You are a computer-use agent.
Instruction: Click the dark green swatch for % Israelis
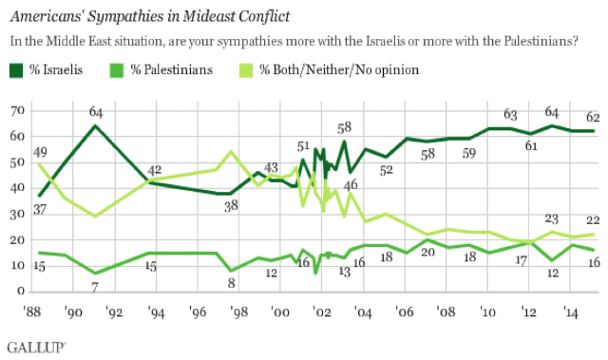(x=16, y=70)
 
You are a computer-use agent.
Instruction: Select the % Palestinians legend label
(x=171, y=69)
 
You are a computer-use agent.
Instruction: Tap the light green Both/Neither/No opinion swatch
(x=246, y=70)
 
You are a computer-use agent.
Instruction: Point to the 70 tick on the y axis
(x=18, y=111)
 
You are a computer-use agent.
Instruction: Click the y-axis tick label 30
(x=18, y=214)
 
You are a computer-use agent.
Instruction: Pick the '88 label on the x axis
(x=31, y=312)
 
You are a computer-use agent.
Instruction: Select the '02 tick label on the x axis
(x=322, y=312)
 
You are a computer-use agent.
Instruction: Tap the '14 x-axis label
(x=570, y=312)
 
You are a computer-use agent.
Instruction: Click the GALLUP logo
(x=36, y=348)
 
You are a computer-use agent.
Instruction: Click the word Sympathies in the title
(x=133, y=16)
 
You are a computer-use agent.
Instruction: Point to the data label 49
(x=40, y=152)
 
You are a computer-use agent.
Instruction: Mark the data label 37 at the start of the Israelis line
(x=40, y=209)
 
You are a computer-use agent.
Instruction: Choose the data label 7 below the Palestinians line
(x=95, y=287)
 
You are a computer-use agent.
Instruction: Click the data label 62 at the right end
(x=593, y=117)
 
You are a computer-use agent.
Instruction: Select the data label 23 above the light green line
(x=551, y=219)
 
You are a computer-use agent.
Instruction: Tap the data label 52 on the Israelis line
(x=387, y=170)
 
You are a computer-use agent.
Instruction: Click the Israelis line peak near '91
(x=95, y=125)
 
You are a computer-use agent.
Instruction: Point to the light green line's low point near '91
(x=95, y=216)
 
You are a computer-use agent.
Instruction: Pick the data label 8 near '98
(x=231, y=283)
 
